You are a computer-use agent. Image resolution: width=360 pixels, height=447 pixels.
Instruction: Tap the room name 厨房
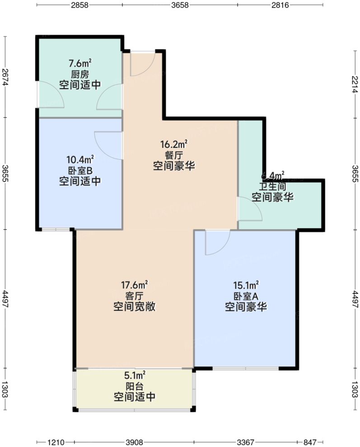(80, 74)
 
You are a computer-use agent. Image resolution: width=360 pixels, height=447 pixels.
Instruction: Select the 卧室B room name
(80, 171)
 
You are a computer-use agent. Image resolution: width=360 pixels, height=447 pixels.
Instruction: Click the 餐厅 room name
(174, 155)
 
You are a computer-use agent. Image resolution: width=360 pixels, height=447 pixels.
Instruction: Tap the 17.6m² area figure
(135, 285)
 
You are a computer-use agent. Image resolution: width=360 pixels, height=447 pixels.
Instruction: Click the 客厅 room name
(135, 296)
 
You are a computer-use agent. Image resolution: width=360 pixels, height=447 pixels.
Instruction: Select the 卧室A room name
(246, 296)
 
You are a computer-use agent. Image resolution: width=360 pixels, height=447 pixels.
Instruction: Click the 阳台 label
(135, 386)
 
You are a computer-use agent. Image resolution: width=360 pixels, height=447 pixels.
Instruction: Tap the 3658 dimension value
(180, 5)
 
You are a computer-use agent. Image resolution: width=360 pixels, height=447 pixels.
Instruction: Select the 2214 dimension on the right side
(355, 84)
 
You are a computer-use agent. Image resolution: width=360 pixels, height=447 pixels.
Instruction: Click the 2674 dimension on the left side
(5, 77)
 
